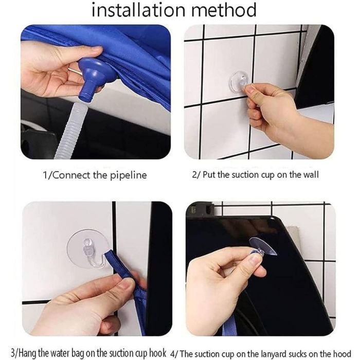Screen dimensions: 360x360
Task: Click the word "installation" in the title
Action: click(x=138, y=10)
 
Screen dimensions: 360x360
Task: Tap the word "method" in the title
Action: click(x=224, y=10)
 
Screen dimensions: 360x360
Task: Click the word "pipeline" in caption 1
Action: click(x=129, y=176)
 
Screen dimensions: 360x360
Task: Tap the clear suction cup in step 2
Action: click(x=239, y=81)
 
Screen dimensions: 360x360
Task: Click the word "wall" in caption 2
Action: click(x=311, y=175)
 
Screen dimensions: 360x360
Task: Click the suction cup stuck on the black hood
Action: click(x=263, y=247)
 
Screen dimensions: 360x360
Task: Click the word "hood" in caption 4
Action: click(x=341, y=354)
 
